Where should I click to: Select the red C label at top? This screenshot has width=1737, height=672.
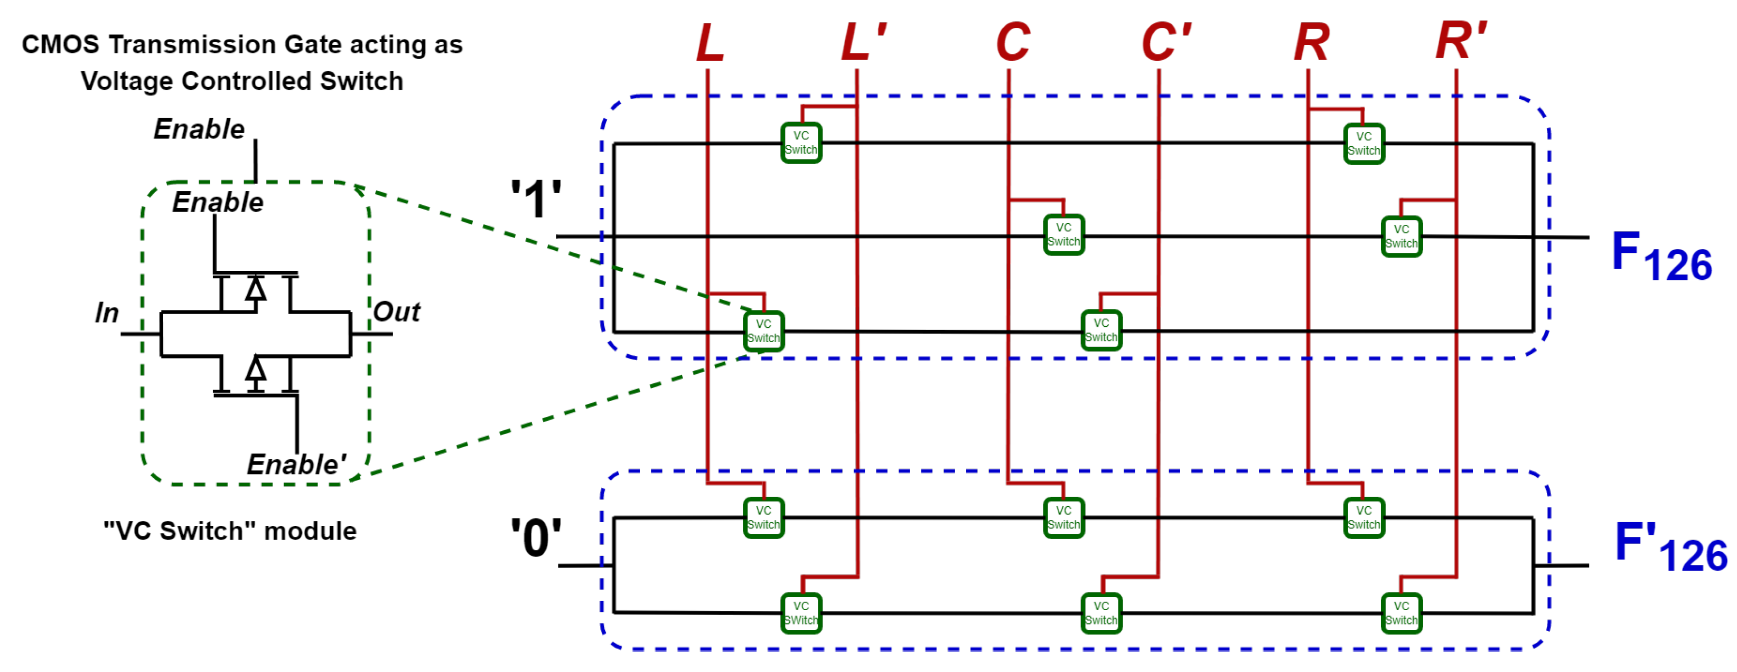tap(1013, 42)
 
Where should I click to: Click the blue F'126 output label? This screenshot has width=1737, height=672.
tap(1669, 547)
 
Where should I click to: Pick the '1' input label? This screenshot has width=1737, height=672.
tap(535, 200)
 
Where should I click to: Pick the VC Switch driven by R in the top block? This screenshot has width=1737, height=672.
tap(1364, 144)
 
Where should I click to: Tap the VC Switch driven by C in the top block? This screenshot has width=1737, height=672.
tap(1063, 234)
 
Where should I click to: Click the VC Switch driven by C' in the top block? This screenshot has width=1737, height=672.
tap(1101, 330)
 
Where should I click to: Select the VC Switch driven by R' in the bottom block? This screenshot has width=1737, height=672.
tap(1401, 613)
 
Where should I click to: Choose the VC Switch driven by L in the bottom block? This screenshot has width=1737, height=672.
tap(763, 518)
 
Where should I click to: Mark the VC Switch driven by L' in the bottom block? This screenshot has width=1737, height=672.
tap(801, 613)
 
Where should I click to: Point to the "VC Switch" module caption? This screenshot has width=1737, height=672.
tap(230, 531)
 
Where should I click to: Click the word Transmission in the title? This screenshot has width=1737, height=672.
tap(193, 44)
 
